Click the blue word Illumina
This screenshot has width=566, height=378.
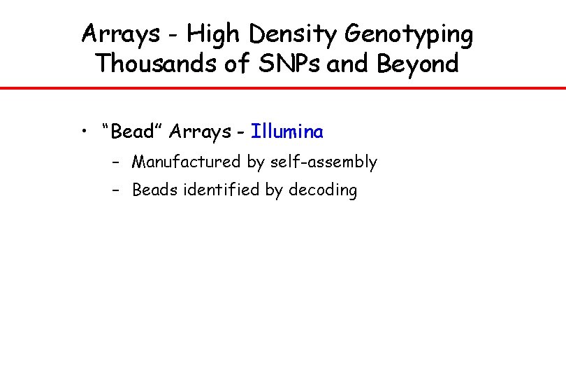[x=287, y=131]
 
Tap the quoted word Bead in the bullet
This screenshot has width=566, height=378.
[x=132, y=131]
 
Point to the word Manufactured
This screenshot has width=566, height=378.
[x=187, y=162]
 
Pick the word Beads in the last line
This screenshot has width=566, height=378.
[x=156, y=190]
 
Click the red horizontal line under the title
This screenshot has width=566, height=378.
[x=283, y=88]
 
